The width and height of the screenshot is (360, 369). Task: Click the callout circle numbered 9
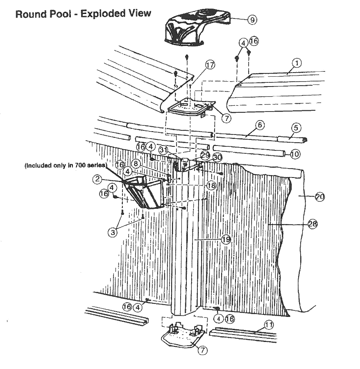coord(253,19)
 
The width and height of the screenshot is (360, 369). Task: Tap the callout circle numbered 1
coord(297,63)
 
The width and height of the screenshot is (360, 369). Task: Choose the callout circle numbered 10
coord(295,154)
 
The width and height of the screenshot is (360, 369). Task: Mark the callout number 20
coord(319,197)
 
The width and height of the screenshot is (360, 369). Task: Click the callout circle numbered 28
coord(313,224)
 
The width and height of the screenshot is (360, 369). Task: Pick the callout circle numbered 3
coord(112,232)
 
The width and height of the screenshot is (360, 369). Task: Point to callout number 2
coord(97,178)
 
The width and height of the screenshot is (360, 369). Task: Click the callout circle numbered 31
coord(164,150)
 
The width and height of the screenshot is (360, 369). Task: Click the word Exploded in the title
coord(102,14)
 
